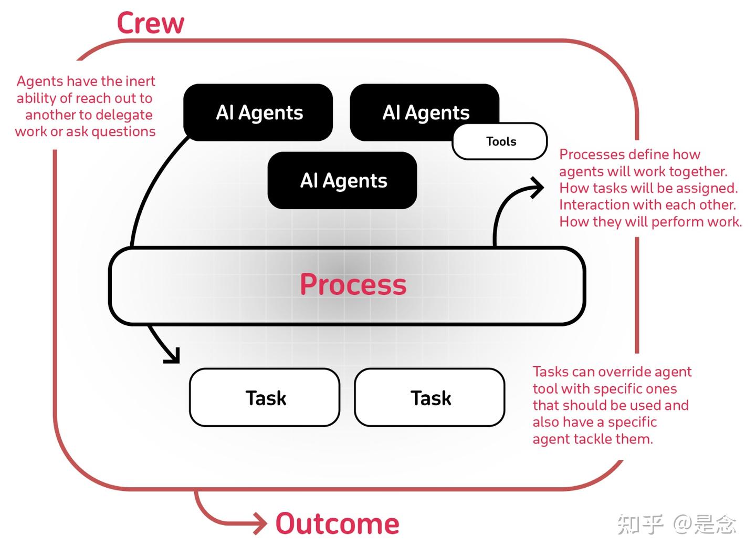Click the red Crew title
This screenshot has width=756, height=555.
pyautogui.click(x=150, y=24)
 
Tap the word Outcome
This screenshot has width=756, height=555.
pyautogui.click(x=337, y=524)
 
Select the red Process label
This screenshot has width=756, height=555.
pyautogui.click(x=353, y=284)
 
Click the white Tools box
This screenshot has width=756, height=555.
pyautogui.click(x=500, y=141)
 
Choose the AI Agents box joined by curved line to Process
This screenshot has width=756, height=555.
pyautogui.click(x=258, y=112)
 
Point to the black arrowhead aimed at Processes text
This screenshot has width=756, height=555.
pyautogui.click(x=538, y=188)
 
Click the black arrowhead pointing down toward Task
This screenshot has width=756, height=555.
pyautogui.click(x=172, y=355)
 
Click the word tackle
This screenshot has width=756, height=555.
pyautogui.click(x=591, y=439)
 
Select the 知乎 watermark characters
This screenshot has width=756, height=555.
pyautogui.click(x=640, y=524)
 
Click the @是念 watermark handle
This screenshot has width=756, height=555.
pyautogui.click(x=704, y=524)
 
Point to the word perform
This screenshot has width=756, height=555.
pyautogui.click(x=677, y=222)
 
